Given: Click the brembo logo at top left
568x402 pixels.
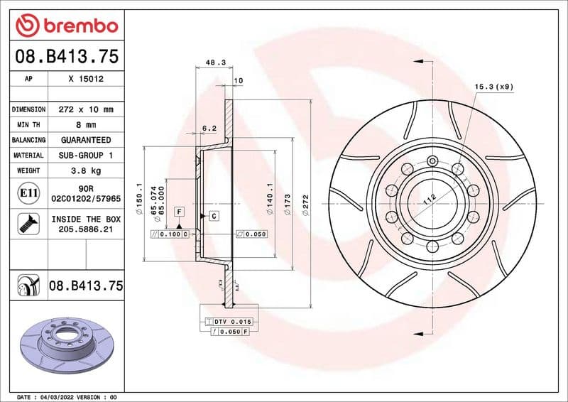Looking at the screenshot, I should coord(66,26).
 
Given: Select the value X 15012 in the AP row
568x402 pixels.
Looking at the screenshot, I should coord(86,79).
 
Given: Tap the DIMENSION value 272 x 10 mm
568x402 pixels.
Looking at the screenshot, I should coord(86,110).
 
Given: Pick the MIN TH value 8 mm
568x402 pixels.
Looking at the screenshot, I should coord(86,125).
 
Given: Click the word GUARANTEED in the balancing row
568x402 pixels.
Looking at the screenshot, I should coord(86,140).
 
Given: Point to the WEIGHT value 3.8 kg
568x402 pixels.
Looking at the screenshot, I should coord(86,170).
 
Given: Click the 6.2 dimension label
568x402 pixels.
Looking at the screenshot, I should coord(209,129).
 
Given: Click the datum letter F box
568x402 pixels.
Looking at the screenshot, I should coord(179,212).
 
